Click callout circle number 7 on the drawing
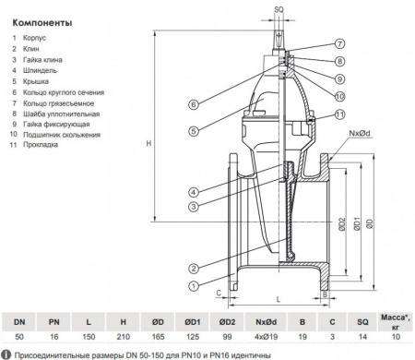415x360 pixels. pos(338,44)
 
